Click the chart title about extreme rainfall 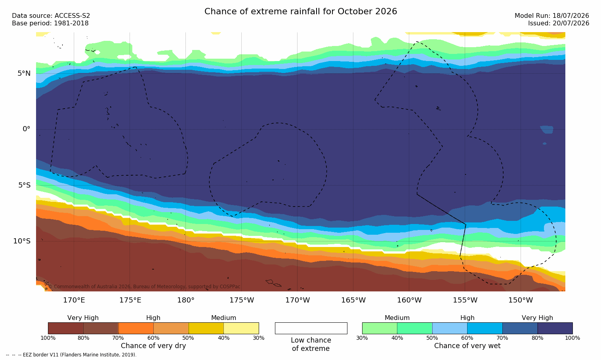coord(300,11)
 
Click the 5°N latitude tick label coord(24,73)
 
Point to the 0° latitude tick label coord(26,129)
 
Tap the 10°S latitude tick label coord(22,241)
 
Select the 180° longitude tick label coord(186,300)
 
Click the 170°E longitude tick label coord(74,300)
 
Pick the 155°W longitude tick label coord(465,300)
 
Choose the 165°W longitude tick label coord(353,300)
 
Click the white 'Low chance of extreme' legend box coord(311,328)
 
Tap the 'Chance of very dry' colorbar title coord(153,346)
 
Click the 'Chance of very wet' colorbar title coord(467,346)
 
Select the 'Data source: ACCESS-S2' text coord(51,16)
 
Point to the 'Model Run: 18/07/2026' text coord(551,16)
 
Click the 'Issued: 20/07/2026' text coord(559,23)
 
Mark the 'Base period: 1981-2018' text coord(50,23)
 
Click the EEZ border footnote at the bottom coord(71,355)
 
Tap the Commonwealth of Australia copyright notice coord(144,287)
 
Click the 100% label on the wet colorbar coord(572,338)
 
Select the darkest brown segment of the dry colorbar coord(66,328)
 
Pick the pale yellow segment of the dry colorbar coord(241,328)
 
